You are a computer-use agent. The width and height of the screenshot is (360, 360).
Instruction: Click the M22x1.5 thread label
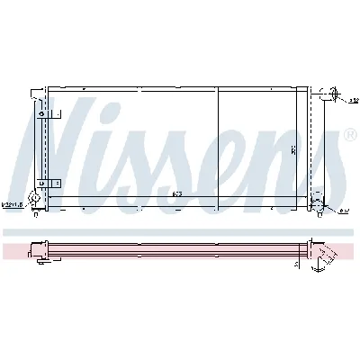point(13,204)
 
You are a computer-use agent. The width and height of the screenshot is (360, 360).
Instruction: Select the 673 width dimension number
point(176,196)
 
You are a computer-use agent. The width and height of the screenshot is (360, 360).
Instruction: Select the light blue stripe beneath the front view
point(180,232)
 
